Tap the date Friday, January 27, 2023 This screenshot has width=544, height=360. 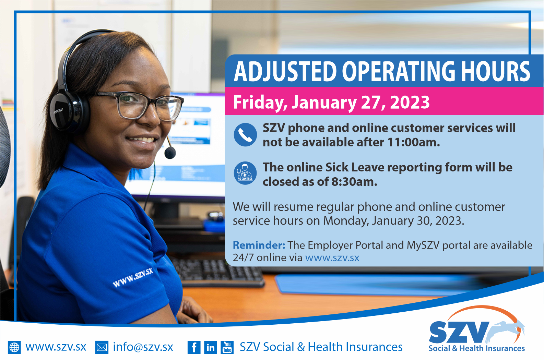[x=331, y=102]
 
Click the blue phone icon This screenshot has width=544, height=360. [x=245, y=135]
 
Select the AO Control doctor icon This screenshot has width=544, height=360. [x=245, y=173]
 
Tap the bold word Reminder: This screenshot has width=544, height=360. [x=259, y=245]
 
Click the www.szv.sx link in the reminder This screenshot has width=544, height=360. [x=332, y=258]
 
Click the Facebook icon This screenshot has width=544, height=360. [x=194, y=347]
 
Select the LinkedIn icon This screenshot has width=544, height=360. [x=211, y=347]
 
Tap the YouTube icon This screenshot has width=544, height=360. [x=227, y=347]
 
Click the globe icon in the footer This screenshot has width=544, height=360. [x=14, y=347]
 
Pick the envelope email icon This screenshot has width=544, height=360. [x=102, y=347]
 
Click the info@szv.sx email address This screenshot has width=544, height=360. [x=143, y=347]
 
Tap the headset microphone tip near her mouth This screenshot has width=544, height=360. [x=170, y=153]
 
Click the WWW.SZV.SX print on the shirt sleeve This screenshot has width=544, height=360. [x=133, y=278]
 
